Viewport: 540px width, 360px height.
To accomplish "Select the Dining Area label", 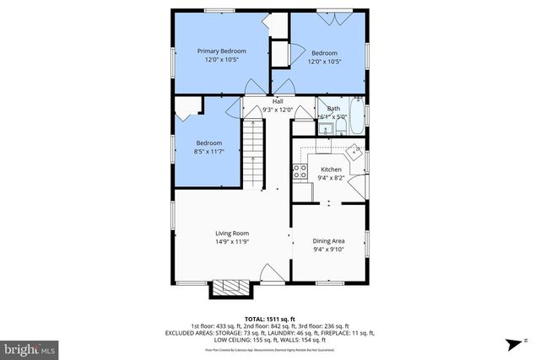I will click(x=330, y=240).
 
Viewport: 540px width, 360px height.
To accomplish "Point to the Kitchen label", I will click(x=330, y=169).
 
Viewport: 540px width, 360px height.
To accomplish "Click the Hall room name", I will click(x=278, y=101).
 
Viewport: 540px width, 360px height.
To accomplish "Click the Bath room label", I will click(x=333, y=109).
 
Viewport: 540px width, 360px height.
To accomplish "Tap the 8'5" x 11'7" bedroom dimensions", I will click(x=209, y=151).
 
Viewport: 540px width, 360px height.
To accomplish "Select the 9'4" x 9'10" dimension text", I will click(x=330, y=249).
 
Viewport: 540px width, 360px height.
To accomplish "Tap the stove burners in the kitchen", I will click(x=300, y=173).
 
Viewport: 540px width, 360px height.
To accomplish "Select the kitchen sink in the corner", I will click(x=356, y=154).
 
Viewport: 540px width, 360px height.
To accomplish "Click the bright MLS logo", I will click(x=29, y=348).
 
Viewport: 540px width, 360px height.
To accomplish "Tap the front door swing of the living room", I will click(x=273, y=273).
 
